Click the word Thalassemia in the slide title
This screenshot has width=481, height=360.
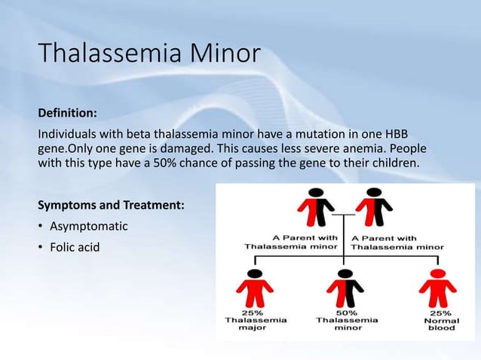click(x=110, y=53)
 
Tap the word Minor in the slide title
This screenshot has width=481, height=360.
click(x=225, y=53)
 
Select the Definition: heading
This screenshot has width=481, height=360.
click(x=68, y=113)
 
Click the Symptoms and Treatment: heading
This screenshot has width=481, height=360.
click(x=111, y=205)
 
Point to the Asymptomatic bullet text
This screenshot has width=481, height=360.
click(x=89, y=227)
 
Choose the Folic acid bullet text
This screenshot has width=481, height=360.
click(x=75, y=247)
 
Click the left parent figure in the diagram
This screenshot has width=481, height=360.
click(x=317, y=207)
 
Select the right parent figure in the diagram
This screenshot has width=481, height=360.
click(x=374, y=207)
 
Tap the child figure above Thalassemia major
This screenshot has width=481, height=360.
click(x=255, y=288)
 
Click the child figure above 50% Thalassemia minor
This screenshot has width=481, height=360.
click(x=345, y=288)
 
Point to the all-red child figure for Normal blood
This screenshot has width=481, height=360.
click(x=438, y=288)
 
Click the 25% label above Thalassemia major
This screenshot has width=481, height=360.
click(x=253, y=313)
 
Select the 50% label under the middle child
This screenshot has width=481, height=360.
click(x=347, y=313)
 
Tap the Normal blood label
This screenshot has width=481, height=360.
click(x=442, y=325)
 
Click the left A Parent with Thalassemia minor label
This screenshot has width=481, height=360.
click(x=291, y=243)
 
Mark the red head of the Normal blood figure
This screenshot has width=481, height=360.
click(x=438, y=274)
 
